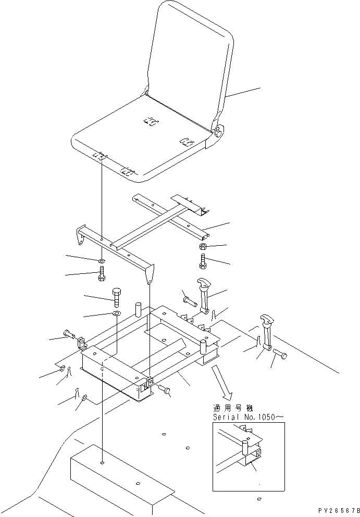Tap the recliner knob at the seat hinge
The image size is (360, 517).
(217, 132)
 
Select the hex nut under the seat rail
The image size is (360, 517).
(203, 246)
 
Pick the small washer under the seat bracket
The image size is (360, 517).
(101, 260)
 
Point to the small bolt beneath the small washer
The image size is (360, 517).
(101, 274)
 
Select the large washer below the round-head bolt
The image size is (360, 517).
(116, 314)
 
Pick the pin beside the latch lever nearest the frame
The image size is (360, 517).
(189, 299)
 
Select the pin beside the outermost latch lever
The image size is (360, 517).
(280, 356)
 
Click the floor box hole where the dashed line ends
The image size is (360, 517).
(103, 463)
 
